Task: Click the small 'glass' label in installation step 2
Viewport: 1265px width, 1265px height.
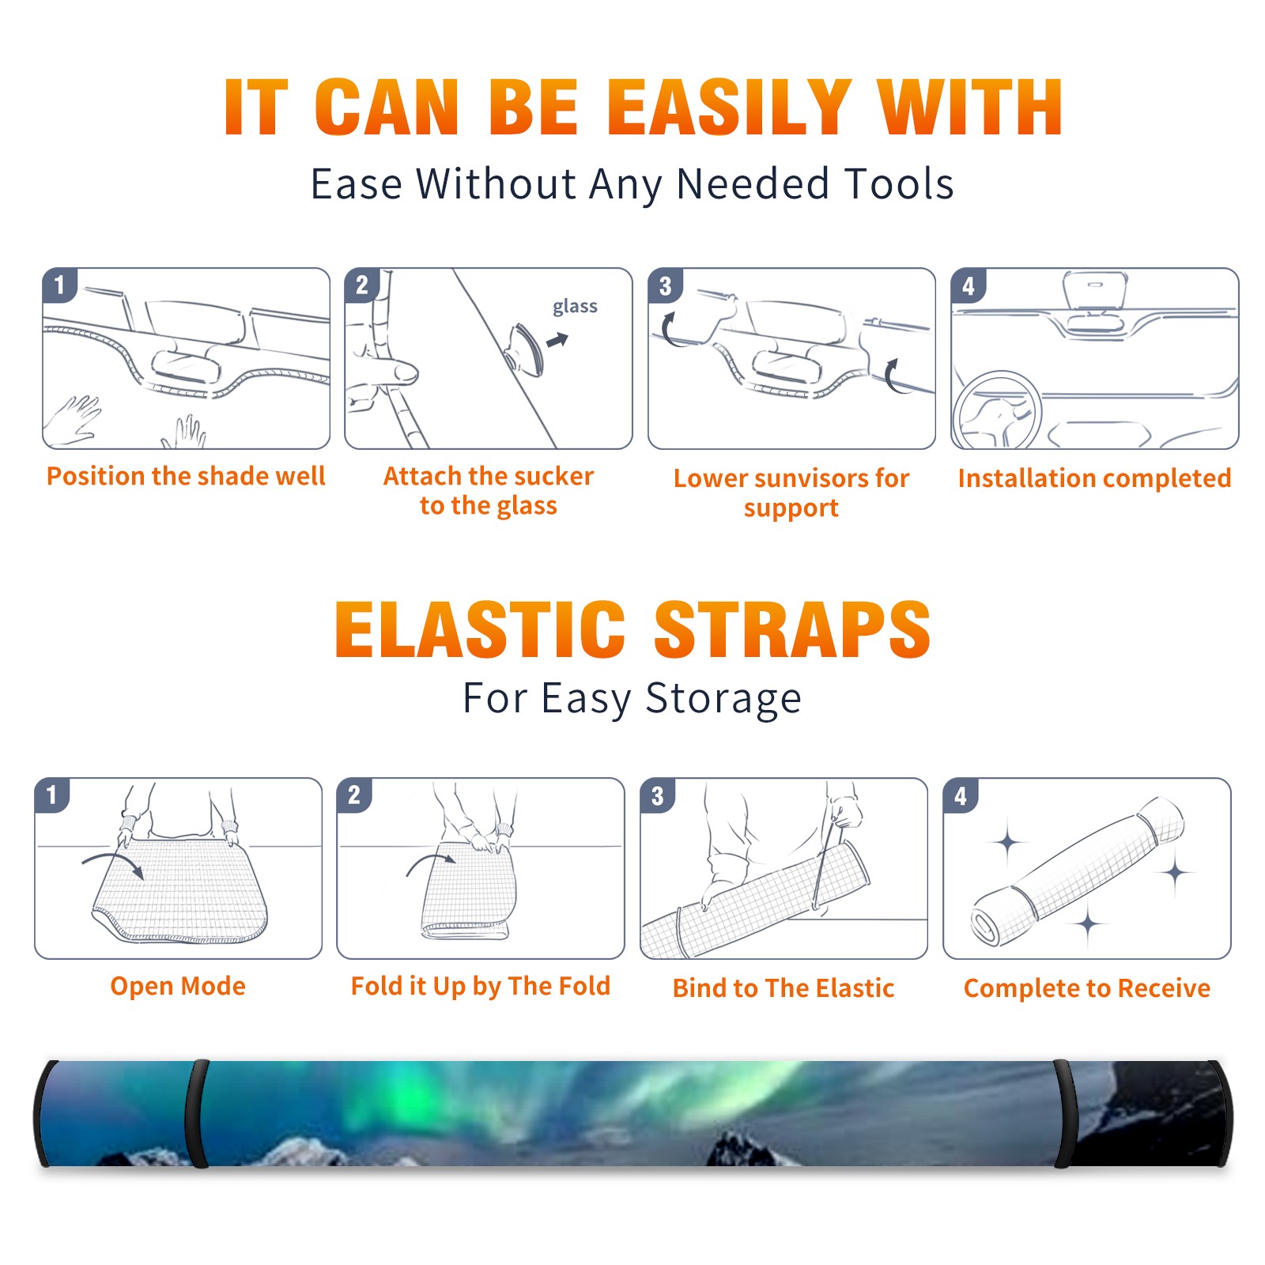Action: point(575,307)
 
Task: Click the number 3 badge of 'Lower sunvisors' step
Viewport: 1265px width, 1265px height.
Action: point(665,286)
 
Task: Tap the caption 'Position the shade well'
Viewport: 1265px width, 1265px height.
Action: point(186,476)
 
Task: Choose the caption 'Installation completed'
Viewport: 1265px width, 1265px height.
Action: point(1094,478)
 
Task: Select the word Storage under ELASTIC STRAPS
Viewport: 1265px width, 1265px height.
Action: point(723,699)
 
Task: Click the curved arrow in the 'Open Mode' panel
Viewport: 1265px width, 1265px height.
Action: point(113,863)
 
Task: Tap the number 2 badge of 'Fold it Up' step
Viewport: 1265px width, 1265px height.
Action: point(353,795)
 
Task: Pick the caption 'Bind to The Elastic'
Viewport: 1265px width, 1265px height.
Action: point(783,988)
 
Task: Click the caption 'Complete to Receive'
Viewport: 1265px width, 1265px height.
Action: point(1086,988)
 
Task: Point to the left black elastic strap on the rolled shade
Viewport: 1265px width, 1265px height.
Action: point(197,1114)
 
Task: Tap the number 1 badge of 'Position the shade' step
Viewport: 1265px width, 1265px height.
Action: point(60,285)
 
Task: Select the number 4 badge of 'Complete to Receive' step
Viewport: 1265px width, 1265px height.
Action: point(961,795)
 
